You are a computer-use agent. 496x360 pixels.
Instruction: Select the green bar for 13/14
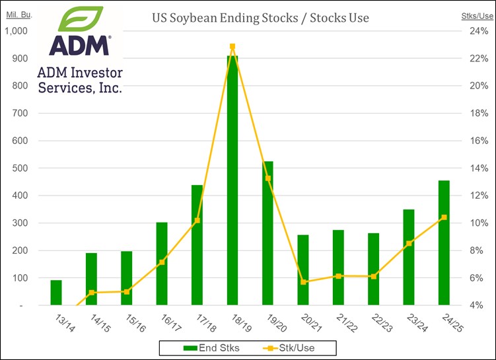pyautogui.click(x=56, y=293)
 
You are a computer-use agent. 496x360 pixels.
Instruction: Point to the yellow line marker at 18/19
pyautogui.click(x=232, y=47)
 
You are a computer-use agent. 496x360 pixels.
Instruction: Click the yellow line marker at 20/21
pyautogui.click(x=303, y=282)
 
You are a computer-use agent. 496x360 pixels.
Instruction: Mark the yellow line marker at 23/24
pyautogui.click(x=409, y=243)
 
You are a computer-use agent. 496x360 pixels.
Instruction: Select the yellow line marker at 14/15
pyautogui.click(x=92, y=292)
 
